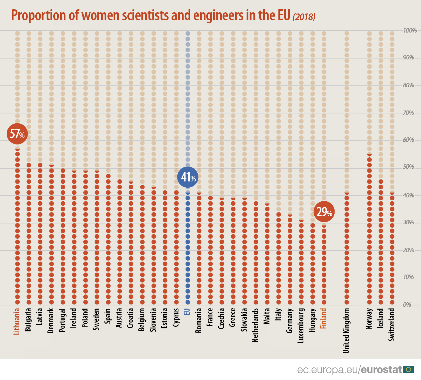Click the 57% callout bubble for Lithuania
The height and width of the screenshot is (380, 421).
[17, 134]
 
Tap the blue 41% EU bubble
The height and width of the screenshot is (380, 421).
[188, 177]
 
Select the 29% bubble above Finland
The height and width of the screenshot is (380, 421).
[324, 212]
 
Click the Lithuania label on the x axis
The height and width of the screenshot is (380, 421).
[17, 321]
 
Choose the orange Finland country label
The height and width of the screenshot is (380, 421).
[324, 318]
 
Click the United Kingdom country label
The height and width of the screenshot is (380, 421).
[346, 331]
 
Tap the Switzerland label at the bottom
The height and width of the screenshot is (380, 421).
[392, 324]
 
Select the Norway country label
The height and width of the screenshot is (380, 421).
[369, 319]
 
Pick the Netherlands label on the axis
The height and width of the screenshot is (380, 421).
[255, 325]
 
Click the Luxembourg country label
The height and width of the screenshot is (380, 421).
[301, 326]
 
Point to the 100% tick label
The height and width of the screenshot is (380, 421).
[410, 30]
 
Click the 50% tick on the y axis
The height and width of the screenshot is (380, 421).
[408, 167]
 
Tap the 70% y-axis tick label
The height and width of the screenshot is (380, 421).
[408, 113]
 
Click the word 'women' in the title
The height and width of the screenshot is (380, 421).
[100, 15]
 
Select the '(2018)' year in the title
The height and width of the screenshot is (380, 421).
[304, 17]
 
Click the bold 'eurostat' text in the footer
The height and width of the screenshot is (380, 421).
[381, 370]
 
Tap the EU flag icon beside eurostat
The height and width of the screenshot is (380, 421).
[409, 370]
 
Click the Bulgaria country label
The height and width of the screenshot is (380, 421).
[28, 320]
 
